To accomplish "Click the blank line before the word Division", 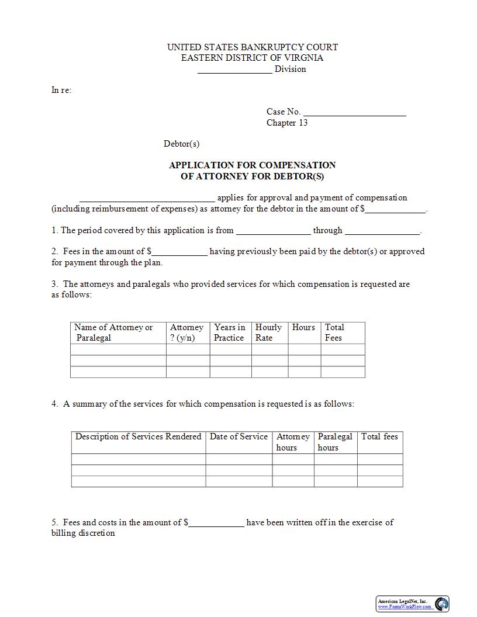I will pos(234,70).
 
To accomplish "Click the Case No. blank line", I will pos(355,113).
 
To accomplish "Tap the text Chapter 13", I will pos(287,123).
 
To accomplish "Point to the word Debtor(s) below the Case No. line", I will pos(181,144).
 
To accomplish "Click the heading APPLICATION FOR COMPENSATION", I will pos(252,165).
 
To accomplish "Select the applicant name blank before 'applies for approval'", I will pos(147,199).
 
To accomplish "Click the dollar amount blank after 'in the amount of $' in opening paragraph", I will pos(396,210).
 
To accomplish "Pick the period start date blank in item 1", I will pos(273,231).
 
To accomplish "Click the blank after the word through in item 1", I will pos(382,231).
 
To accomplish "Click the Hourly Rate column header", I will pos(268,332).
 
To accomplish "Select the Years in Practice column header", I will pos(230,332).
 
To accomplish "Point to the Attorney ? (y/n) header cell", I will pos(186,332).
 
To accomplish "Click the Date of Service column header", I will pos(238,437).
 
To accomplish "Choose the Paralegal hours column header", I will pos(335,442).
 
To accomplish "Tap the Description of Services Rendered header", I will pos(138,437).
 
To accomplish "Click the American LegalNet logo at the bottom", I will pos(412,604).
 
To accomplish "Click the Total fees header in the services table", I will pos(379,437).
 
